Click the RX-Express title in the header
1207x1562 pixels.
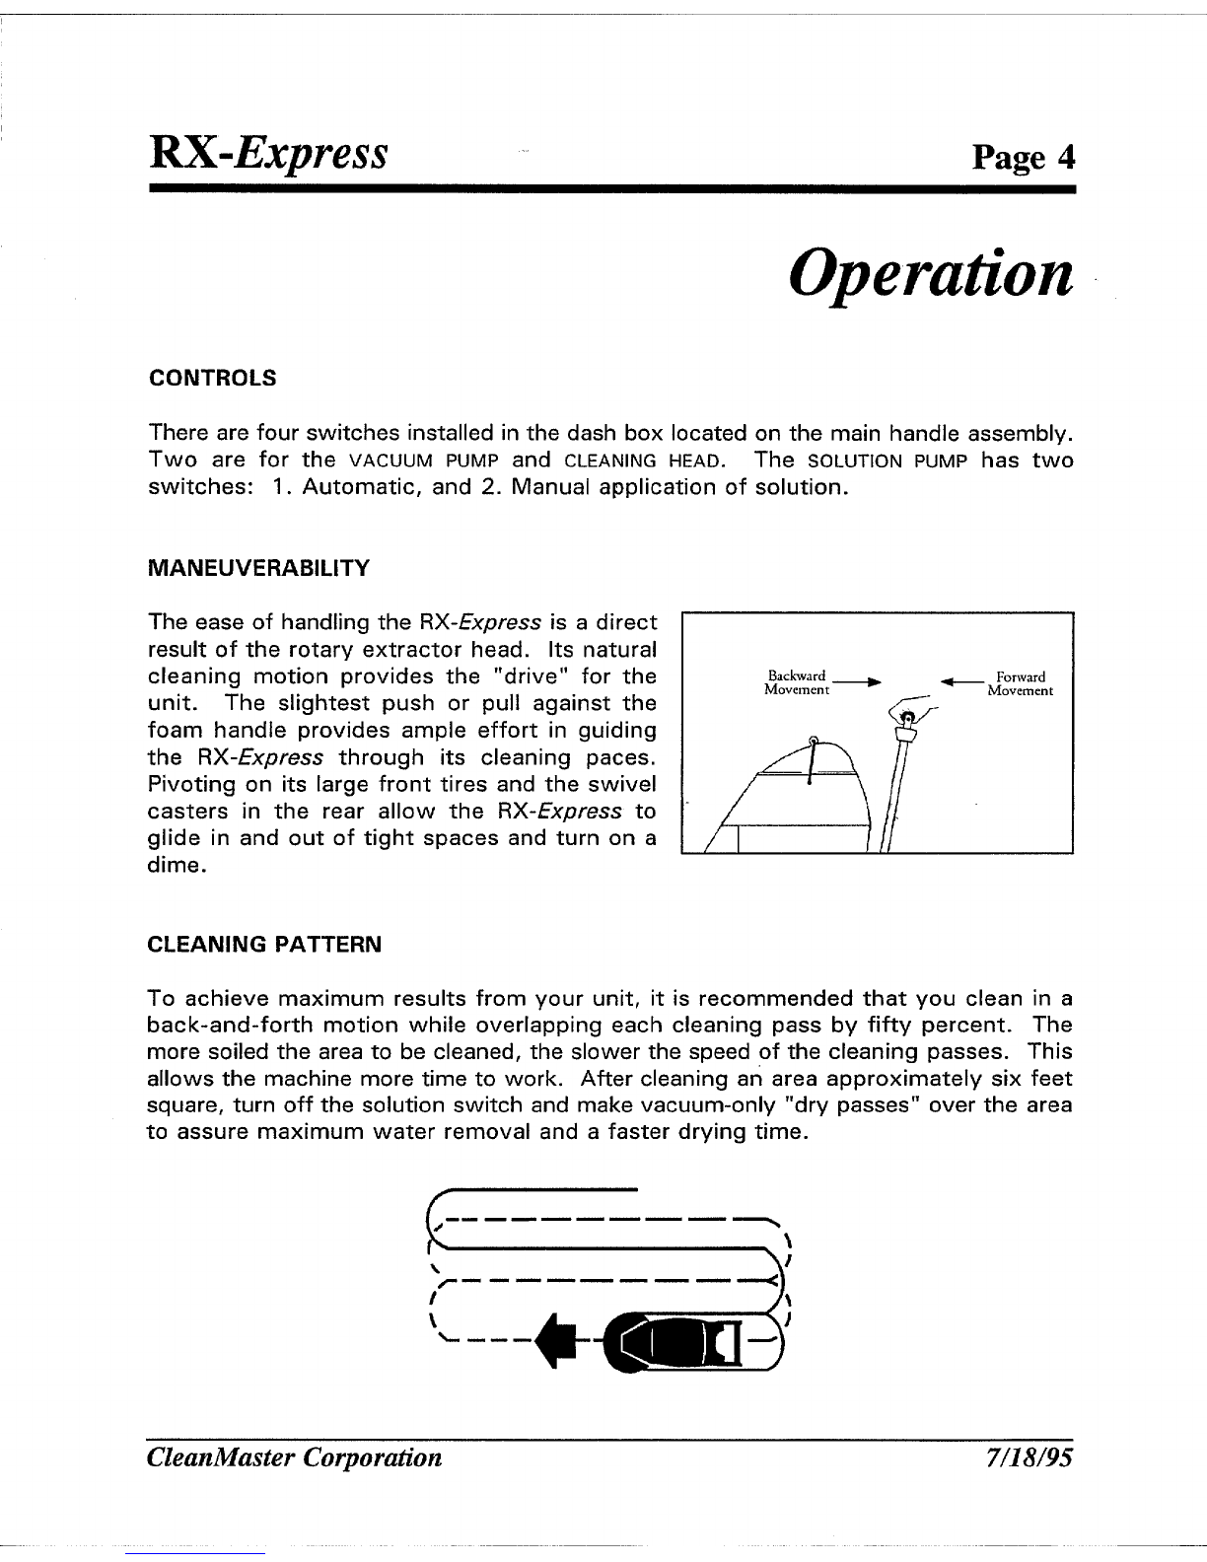(x=267, y=155)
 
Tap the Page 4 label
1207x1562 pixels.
(x=1022, y=157)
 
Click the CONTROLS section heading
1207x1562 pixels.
(x=211, y=378)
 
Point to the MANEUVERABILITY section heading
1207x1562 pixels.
(x=258, y=568)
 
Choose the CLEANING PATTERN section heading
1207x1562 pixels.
(x=263, y=945)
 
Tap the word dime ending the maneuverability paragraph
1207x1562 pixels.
(x=175, y=867)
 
